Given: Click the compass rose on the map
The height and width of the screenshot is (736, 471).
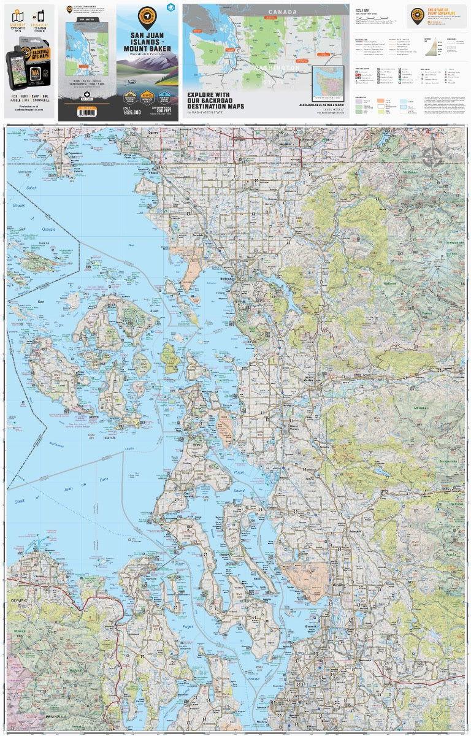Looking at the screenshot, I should pos(434,158).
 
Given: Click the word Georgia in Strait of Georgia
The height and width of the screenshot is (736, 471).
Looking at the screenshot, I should pos(47,229).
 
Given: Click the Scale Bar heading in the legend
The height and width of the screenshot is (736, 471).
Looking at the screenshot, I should pos(362,11).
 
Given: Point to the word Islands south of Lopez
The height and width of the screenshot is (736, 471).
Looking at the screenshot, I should pos(109,438).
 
